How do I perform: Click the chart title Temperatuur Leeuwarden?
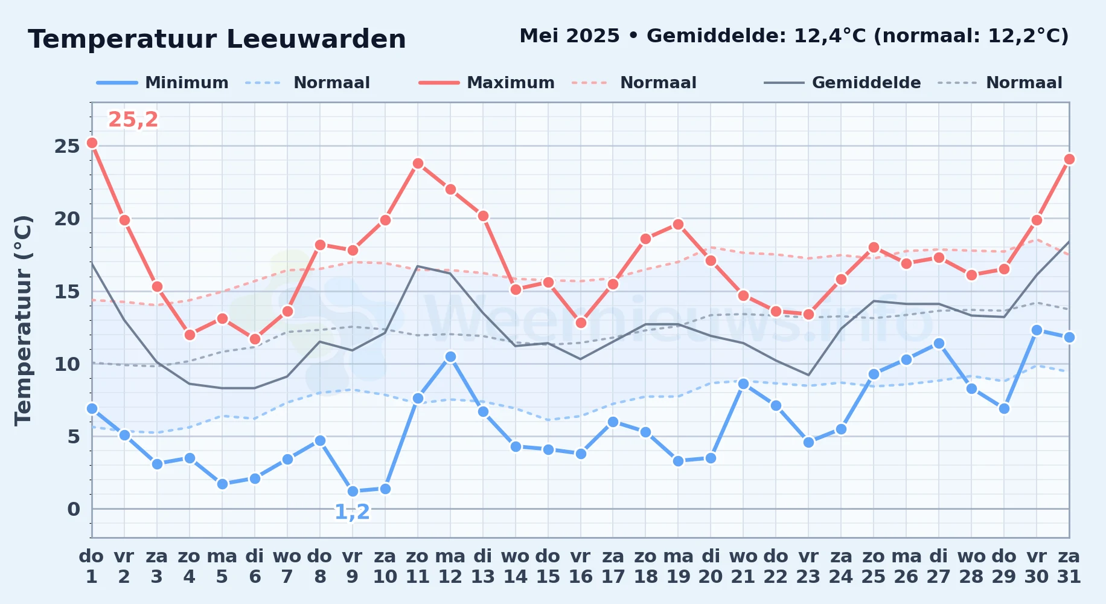tap(217, 39)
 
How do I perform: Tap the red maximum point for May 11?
tap(418, 163)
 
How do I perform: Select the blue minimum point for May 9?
tap(353, 491)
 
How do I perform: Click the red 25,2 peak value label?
tap(133, 120)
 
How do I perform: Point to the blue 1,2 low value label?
tap(352, 512)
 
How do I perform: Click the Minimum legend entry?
tap(163, 83)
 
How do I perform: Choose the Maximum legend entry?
tap(487, 83)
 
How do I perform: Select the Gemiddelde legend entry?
tap(843, 83)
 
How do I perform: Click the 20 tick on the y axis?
tap(67, 219)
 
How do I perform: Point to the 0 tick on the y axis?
tap(74, 509)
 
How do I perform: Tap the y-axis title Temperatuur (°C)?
tap(23, 320)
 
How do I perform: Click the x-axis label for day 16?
tap(581, 567)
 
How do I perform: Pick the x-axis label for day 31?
tap(1069, 567)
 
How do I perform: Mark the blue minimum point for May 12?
tap(450, 356)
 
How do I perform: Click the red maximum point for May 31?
tap(1069, 159)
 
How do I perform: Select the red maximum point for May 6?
tap(255, 339)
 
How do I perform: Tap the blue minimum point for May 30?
tap(1037, 330)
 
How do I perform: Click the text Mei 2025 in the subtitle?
tap(569, 36)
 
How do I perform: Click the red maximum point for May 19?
tap(678, 224)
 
